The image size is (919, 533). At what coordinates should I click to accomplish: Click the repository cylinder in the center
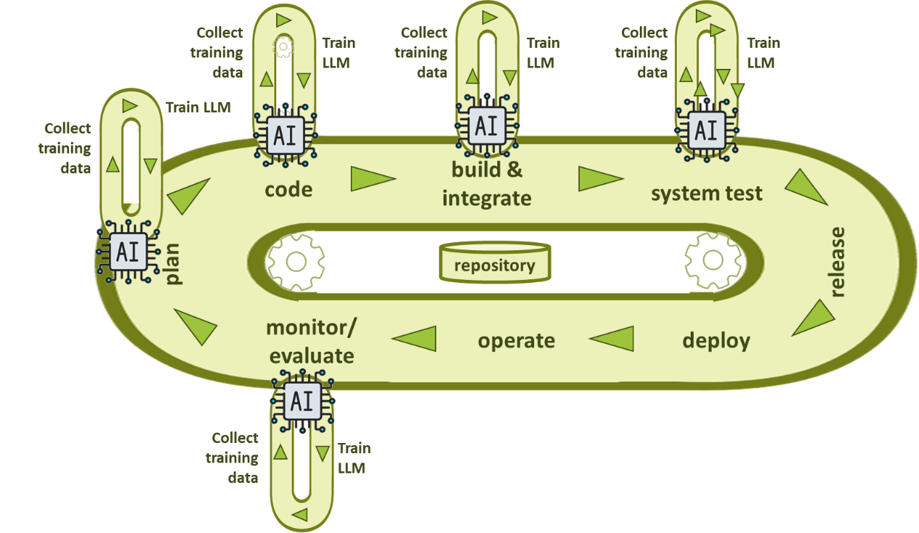[x=494, y=263]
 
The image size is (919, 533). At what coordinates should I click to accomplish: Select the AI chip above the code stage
[x=286, y=133]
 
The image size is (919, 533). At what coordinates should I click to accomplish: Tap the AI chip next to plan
[x=128, y=252]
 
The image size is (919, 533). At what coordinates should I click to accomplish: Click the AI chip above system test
[x=705, y=130]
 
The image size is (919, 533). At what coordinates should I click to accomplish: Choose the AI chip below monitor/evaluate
[x=302, y=400]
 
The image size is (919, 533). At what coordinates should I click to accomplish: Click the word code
[x=288, y=189]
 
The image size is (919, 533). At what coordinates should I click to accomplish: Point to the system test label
[x=706, y=194]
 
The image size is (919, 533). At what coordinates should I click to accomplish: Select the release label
[x=837, y=262]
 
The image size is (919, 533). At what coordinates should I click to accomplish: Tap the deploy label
[x=716, y=340]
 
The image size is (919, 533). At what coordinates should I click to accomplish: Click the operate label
[x=516, y=340]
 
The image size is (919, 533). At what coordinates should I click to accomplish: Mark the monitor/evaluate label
[x=312, y=342]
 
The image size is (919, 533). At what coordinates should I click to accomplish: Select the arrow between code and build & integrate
[x=373, y=178]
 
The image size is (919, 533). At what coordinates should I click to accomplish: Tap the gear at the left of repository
[x=294, y=263]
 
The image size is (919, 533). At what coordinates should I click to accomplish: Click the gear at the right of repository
[x=713, y=261]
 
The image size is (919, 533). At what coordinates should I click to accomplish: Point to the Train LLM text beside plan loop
[x=198, y=107]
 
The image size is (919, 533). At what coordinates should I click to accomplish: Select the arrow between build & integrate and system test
[x=599, y=178]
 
